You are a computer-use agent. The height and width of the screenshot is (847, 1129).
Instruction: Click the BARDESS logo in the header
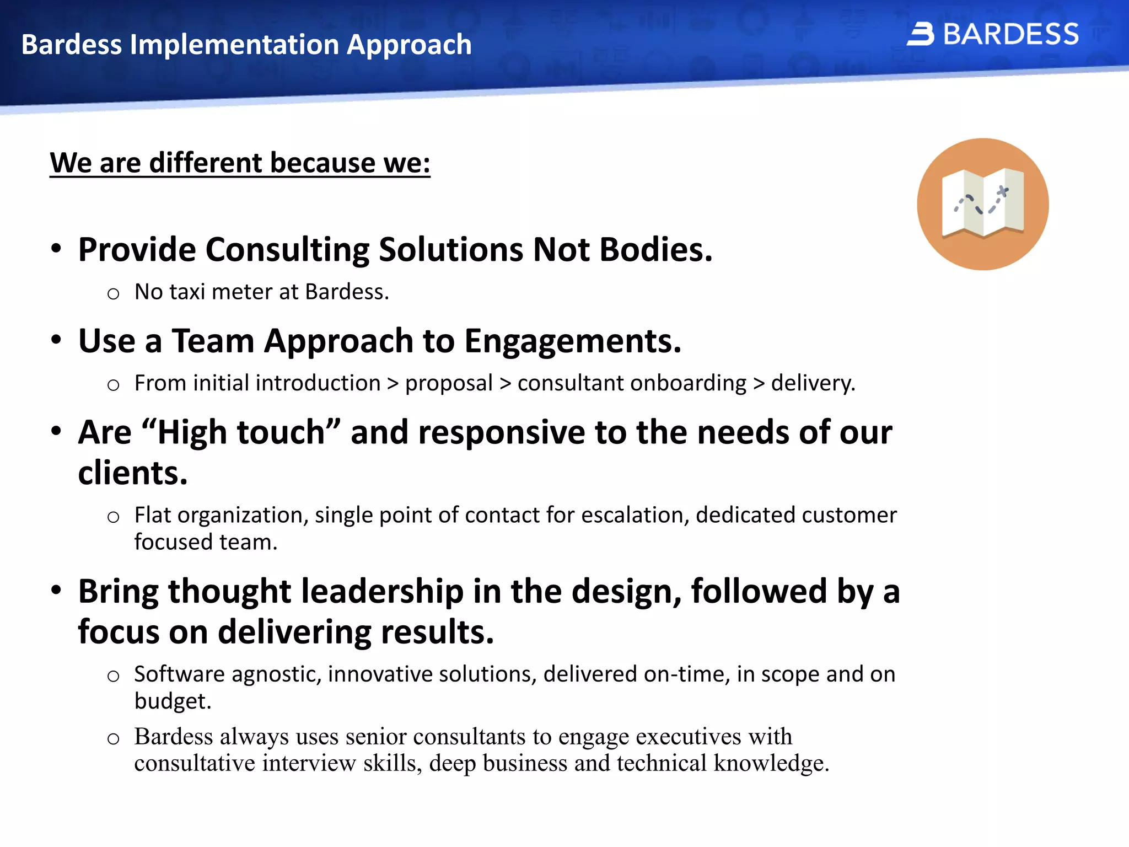(x=992, y=34)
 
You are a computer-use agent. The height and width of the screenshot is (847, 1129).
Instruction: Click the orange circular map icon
(x=982, y=204)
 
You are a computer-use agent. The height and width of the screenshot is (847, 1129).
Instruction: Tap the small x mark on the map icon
(x=1003, y=192)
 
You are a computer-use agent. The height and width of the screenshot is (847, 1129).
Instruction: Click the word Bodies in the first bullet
(x=655, y=250)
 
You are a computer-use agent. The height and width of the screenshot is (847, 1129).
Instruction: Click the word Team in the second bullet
(x=213, y=341)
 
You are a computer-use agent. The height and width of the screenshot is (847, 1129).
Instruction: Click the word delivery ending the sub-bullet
(x=813, y=383)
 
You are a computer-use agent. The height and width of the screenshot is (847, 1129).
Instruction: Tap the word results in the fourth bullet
(x=437, y=632)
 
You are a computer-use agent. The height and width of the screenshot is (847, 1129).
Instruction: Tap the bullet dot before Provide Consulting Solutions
(x=56, y=249)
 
